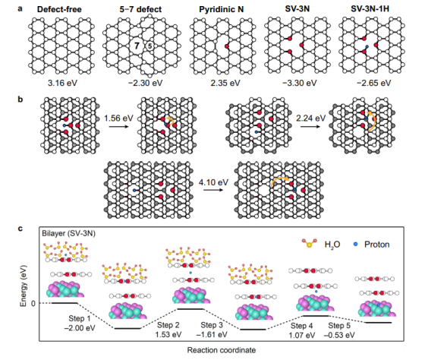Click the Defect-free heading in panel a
[x=59, y=9]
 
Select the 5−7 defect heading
[x=140, y=9]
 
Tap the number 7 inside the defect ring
[x=137, y=46]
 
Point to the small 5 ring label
[x=150, y=46]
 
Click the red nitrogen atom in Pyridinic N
[x=227, y=46]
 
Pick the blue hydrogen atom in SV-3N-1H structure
[x=367, y=46]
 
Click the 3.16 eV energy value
[x=62, y=83]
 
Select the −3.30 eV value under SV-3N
[x=299, y=83]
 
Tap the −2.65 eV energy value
[x=373, y=83]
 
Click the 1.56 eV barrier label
[x=118, y=118]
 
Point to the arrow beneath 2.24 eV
[x=310, y=126]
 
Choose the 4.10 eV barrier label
[x=213, y=182]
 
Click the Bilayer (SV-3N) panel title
[x=69, y=233]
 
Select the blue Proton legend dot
[x=356, y=244]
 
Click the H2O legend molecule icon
[x=310, y=243]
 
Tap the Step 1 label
[x=80, y=318]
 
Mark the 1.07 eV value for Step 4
[x=302, y=335]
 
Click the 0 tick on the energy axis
[x=33, y=303]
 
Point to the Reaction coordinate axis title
[x=222, y=350]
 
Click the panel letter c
[x=20, y=229]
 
